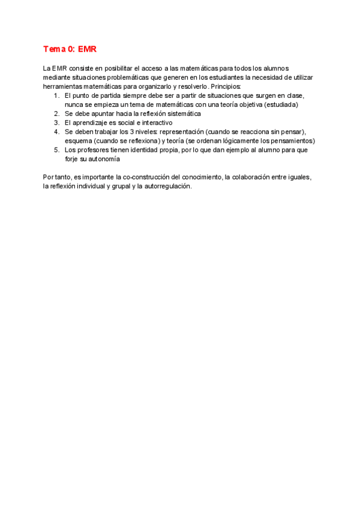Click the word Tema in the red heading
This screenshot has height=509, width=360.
click(x=55, y=49)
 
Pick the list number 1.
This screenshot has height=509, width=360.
click(x=56, y=95)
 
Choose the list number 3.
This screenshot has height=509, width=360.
click(x=56, y=122)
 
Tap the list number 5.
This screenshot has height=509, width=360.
click(x=56, y=149)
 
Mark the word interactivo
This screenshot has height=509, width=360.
click(x=156, y=122)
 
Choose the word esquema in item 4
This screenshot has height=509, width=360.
click(x=78, y=140)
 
